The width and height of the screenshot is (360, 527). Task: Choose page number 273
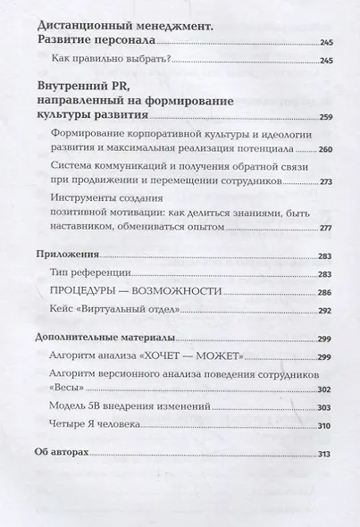click(x=325, y=180)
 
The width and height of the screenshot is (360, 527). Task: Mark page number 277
click(x=325, y=228)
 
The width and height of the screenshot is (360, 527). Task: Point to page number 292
click(x=325, y=312)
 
